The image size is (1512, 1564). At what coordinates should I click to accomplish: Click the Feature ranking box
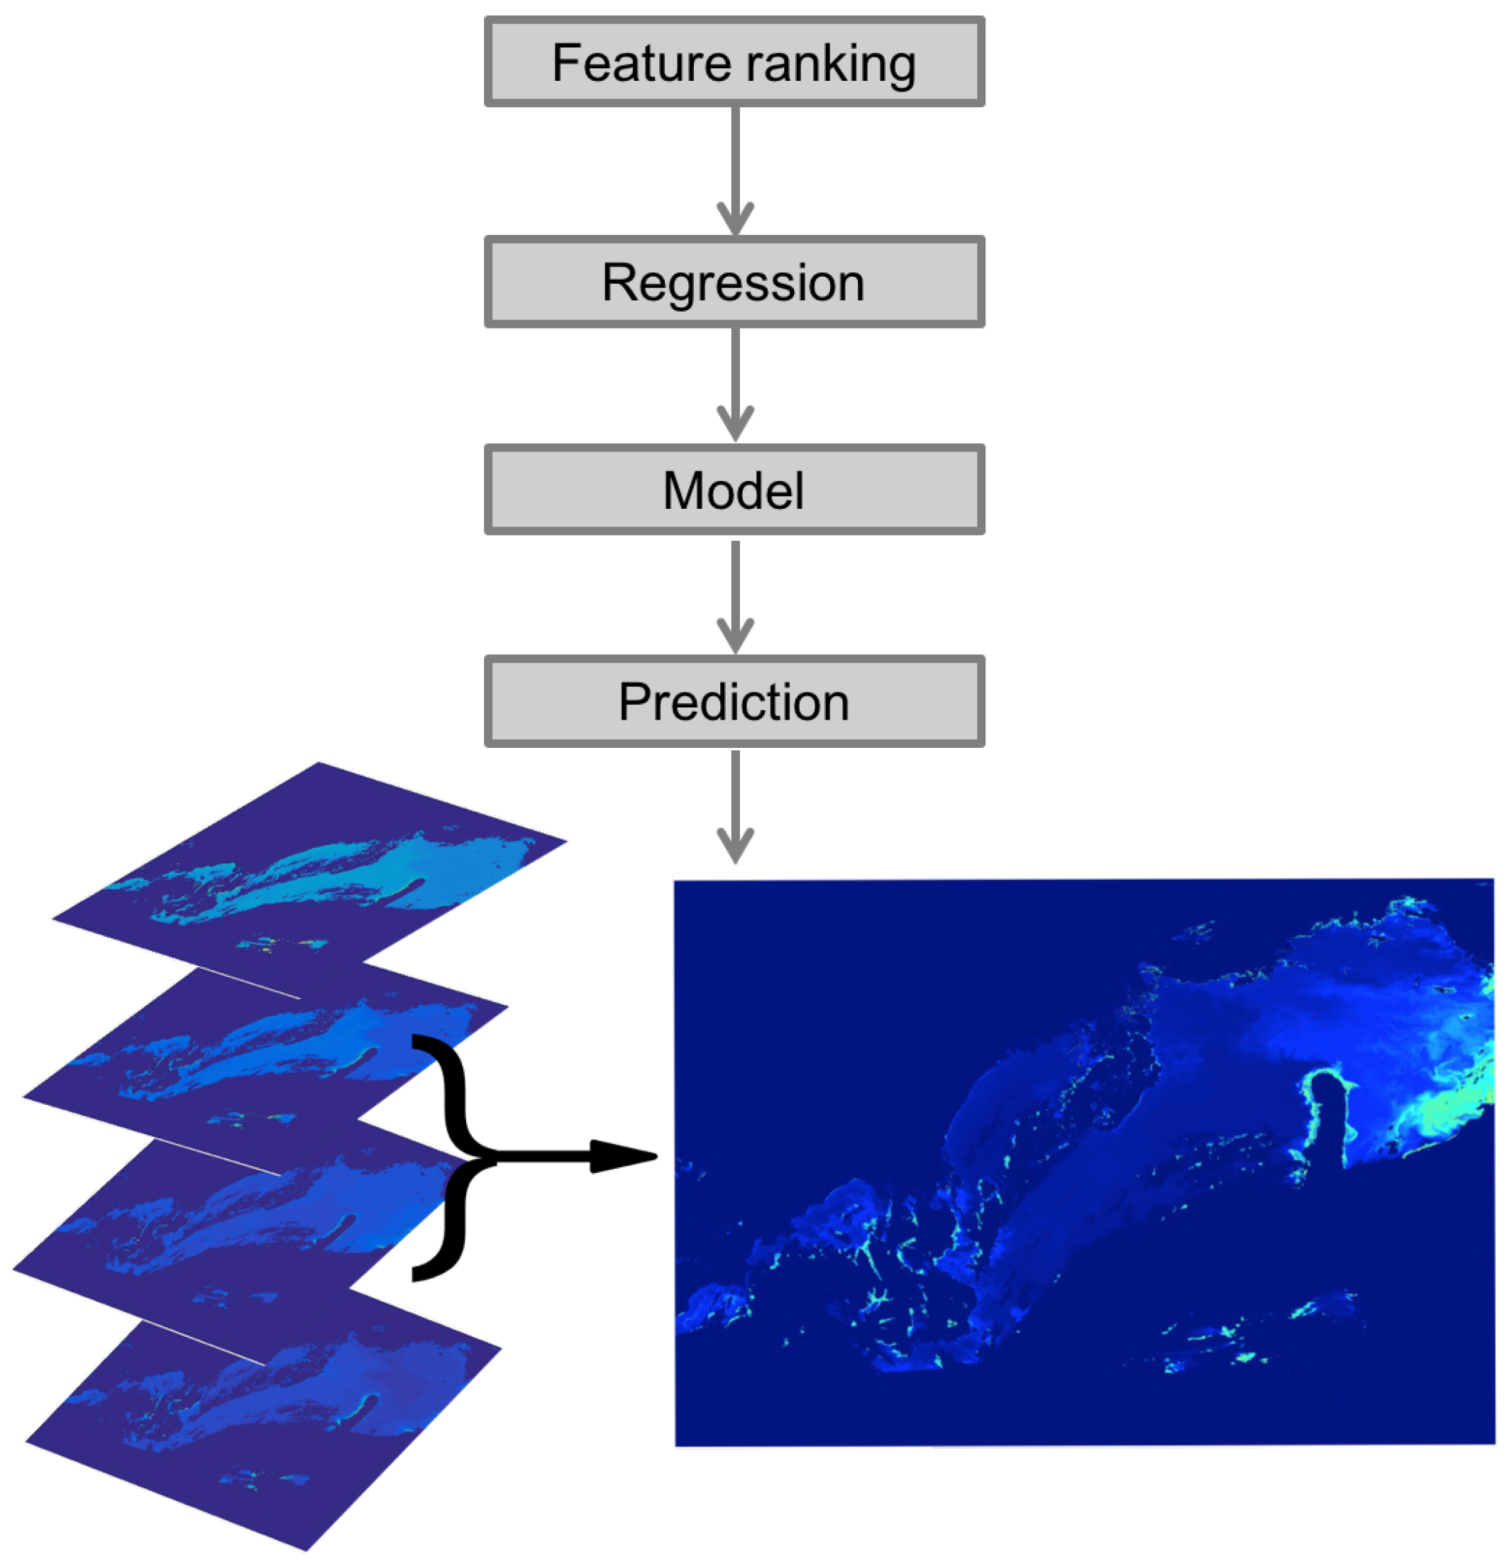(x=734, y=62)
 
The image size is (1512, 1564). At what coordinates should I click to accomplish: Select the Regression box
(x=734, y=282)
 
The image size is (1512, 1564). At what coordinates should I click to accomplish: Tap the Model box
(x=734, y=489)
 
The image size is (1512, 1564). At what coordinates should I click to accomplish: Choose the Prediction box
(x=734, y=701)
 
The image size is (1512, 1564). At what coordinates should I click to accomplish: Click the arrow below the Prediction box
(x=735, y=806)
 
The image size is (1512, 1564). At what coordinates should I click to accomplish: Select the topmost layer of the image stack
(x=311, y=861)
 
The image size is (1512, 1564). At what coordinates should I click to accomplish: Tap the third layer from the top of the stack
(x=239, y=1229)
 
